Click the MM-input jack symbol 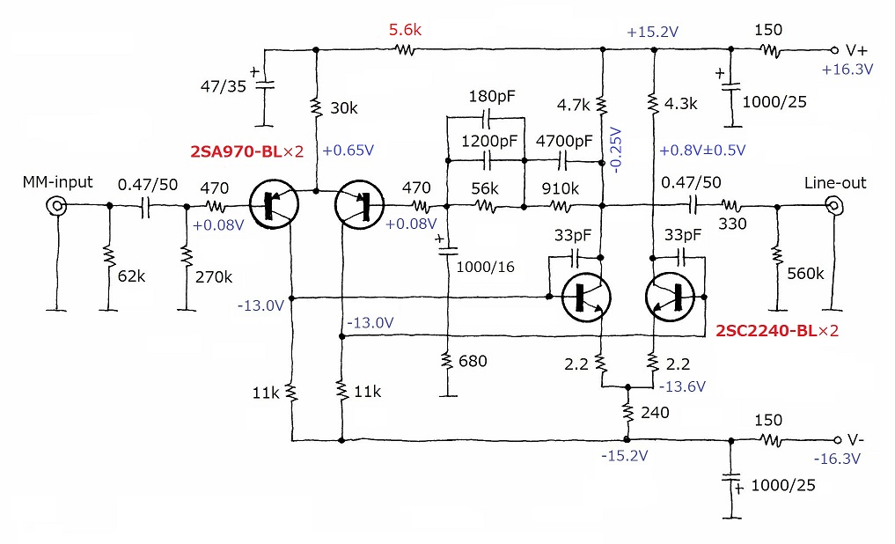point(57,205)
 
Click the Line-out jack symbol point(834,205)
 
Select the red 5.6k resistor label point(406,30)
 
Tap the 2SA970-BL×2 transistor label point(247,151)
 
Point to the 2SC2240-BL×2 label point(777,330)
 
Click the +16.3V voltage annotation point(847,70)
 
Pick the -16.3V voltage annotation point(837,459)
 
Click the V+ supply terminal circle point(834,50)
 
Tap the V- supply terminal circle point(837,440)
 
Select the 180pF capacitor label point(492,96)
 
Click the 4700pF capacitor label point(564,141)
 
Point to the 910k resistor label point(561,187)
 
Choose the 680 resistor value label point(473,361)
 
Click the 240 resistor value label point(655,412)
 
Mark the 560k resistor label point(805,274)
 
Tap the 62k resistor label point(131,276)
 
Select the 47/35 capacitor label point(224,86)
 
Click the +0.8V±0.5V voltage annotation point(702,151)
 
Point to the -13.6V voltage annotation point(682,386)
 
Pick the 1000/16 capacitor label point(485,267)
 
